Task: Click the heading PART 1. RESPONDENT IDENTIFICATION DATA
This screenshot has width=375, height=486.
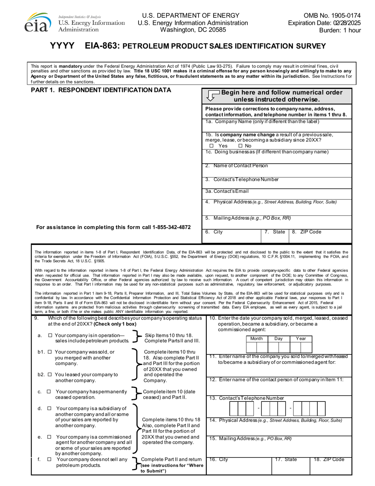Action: click(x=101, y=90)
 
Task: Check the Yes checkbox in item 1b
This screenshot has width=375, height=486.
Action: click(x=211, y=146)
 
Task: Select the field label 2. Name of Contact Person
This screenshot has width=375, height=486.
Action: click(x=236, y=166)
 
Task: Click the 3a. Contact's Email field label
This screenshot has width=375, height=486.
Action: click(x=227, y=192)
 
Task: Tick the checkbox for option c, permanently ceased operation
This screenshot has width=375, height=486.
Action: click(x=49, y=392)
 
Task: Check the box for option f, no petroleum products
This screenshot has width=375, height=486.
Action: click(x=49, y=460)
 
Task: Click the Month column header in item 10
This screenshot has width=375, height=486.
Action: click(x=257, y=339)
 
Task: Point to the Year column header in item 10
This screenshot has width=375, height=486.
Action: click(x=302, y=339)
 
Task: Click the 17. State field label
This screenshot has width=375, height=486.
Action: click(x=286, y=460)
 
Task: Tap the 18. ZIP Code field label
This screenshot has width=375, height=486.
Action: click(x=329, y=460)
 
